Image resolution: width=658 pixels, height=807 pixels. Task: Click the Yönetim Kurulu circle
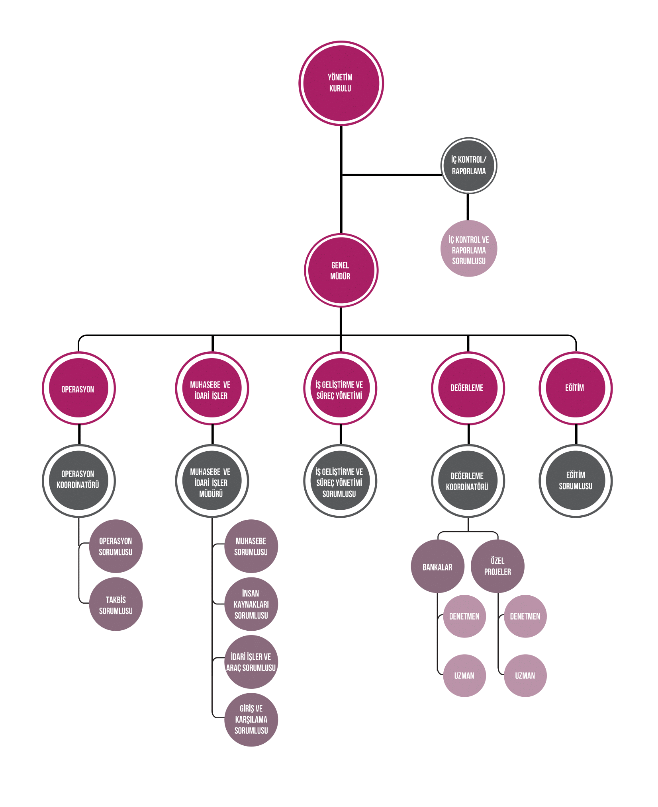click(x=341, y=83)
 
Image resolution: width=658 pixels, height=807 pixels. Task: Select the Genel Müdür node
click(x=341, y=270)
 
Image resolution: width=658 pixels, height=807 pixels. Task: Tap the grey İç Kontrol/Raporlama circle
click(x=469, y=166)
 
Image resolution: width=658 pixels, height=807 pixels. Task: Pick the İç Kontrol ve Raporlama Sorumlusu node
click(x=469, y=249)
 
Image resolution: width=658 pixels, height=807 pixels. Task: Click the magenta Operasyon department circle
click(x=78, y=388)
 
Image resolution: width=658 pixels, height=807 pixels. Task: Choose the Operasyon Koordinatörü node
click(x=78, y=480)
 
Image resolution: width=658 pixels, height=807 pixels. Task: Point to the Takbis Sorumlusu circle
click(x=116, y=604)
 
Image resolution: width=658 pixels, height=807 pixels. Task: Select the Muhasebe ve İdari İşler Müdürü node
click(x=212, y=481)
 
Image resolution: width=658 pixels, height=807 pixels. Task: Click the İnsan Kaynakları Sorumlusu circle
click(x=251, y=604)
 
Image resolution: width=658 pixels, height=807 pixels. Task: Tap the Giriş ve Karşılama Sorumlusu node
click(x=251, y=719)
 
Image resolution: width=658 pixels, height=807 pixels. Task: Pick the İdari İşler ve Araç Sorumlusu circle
click(x=251, y=662)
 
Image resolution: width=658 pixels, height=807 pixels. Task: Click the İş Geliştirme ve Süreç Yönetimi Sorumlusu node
click(x=340, y=481)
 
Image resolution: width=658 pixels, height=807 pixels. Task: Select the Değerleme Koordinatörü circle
click(x=468, y=481)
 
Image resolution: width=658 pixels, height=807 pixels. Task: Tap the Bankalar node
click(x=437, y=566)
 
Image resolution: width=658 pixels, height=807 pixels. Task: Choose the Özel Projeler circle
click(x=497, y=566)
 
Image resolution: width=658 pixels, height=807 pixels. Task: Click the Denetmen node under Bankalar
click(x=464, y=616)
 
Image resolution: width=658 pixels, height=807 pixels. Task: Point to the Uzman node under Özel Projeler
click(x=525, y=675)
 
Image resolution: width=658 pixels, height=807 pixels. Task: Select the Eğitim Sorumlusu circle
click(x=576, y=481)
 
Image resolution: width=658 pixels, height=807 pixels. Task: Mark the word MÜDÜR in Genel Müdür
click(x=340, y=276)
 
